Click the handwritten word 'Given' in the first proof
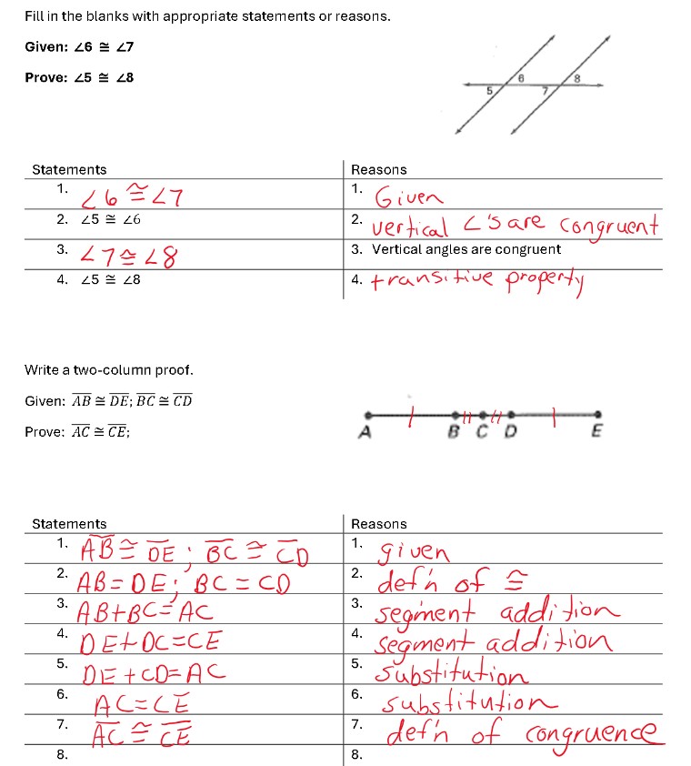click(410, 197)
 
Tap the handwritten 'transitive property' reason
click(481, 282)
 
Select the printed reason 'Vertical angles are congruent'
click(466, 249)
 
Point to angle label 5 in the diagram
click(488, 91)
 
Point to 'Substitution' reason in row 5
click(452, 674)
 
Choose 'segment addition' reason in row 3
click(496, 611)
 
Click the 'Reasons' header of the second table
click(378, 524)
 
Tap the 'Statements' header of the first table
click(69, 169)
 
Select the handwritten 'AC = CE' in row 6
click(142, 701)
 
